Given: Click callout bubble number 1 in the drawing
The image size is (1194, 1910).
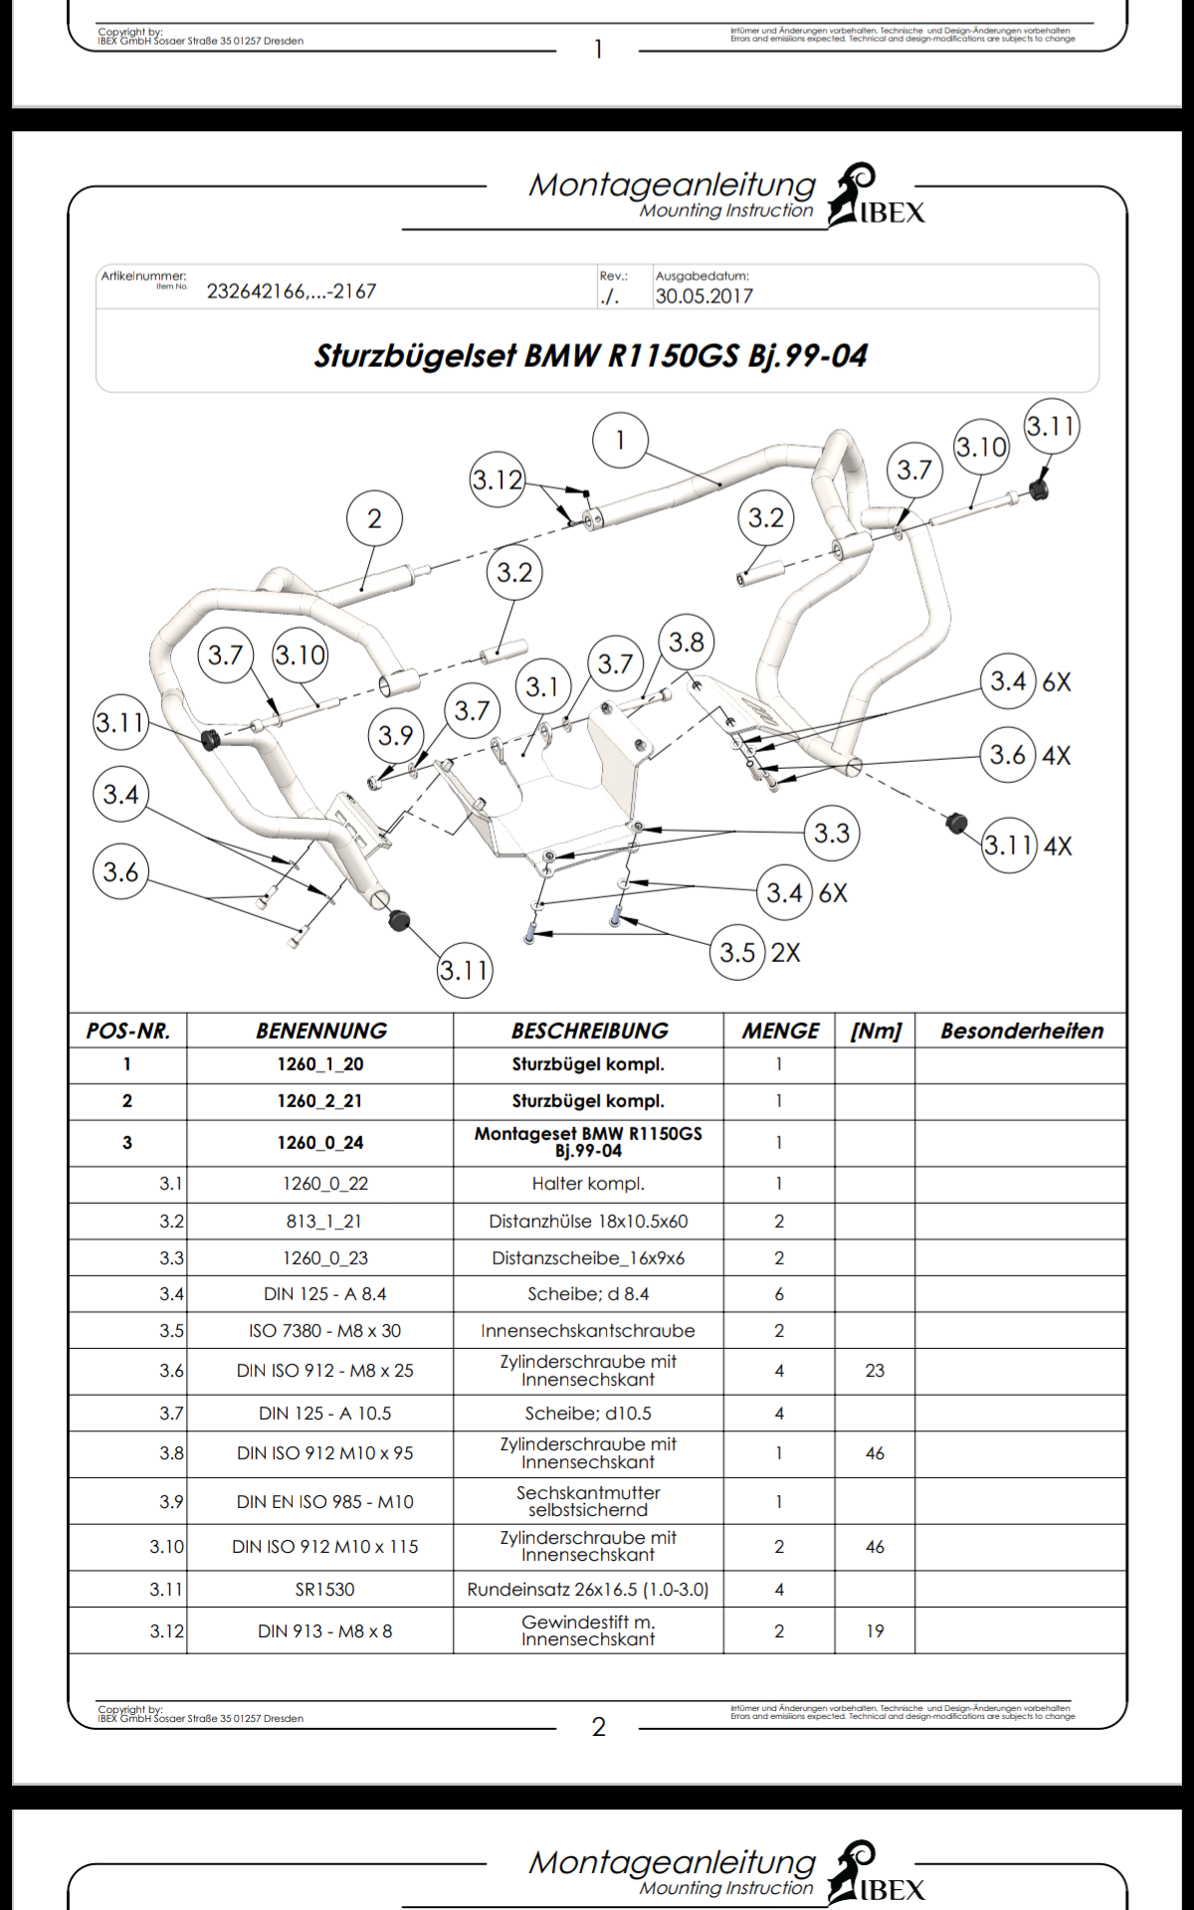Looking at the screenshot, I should (x=620, y=440).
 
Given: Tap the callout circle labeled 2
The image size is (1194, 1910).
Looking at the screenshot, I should (x=374, y=518).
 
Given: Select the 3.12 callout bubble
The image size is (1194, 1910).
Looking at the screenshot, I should (x=497, y=479).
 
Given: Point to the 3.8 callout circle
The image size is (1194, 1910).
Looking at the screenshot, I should (x=687, y=643).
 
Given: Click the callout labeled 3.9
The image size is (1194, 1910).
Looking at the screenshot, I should (x=395, y=735).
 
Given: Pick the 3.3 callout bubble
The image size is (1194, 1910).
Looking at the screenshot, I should (x=832, y=833).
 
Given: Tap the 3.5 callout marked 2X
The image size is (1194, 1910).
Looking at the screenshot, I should (x=738, y=952).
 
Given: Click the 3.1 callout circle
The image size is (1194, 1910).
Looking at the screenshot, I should (x=542, y=686).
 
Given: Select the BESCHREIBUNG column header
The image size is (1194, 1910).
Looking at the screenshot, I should (x=589, y=1031).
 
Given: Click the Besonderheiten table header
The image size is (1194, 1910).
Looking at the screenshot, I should (x=1022, y=1031).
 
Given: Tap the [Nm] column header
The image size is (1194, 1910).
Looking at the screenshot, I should (x=876, y=1031).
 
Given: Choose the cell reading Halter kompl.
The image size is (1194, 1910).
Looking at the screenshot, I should (x=588, y=1184).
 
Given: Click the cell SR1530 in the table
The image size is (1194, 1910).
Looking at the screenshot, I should (x=324, y=1590).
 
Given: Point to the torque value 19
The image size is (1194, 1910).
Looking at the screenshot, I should (x=875, y=1631).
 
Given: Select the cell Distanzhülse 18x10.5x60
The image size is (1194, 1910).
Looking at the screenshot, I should (x=588, y=1222).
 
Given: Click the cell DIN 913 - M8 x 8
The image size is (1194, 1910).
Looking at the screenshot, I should (x=324, y=1631).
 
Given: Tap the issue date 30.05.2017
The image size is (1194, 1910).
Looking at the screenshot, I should (x=703, y=295).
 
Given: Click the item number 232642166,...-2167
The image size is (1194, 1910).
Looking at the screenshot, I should (x=292, y=291).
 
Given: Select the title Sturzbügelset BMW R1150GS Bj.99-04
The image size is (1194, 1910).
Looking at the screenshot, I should (x=591, y=356).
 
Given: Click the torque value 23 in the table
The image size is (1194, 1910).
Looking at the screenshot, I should (x=875, y=1371).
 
